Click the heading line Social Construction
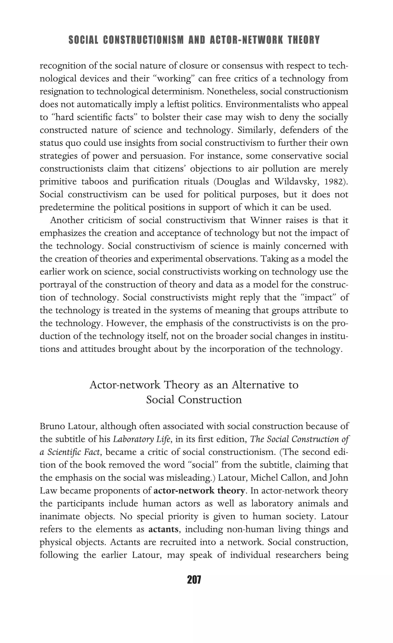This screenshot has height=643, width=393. pos(194,400)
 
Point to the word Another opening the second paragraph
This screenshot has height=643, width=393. pos(66,220)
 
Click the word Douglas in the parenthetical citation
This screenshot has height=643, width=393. pos(233,182)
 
